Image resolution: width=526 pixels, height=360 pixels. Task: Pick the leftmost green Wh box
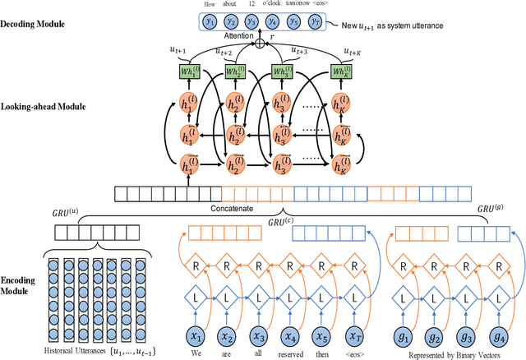190,72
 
